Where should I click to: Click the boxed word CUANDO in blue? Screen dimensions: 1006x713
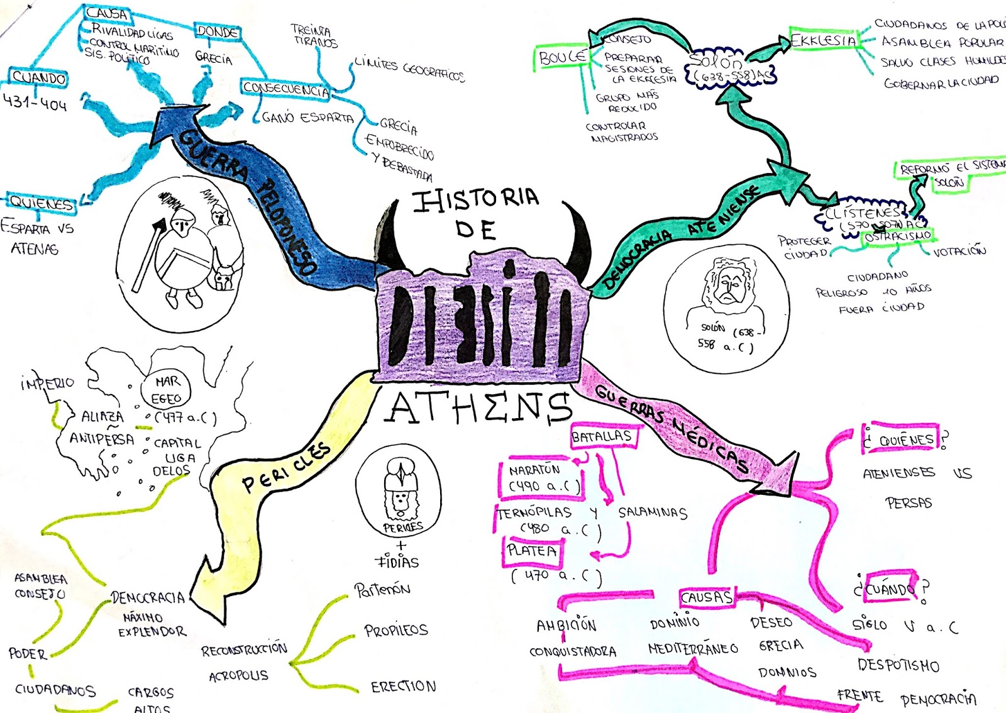coord(39,78)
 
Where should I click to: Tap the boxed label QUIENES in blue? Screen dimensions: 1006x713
coord(41,203)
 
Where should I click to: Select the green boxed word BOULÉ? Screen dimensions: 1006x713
coord(562,57)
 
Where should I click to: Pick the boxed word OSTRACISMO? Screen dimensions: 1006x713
coord(897,236)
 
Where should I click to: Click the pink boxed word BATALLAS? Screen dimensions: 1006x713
coord(601,436)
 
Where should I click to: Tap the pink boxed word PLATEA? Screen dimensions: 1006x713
coord(532,551)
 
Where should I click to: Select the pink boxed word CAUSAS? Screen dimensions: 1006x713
coord(707,597)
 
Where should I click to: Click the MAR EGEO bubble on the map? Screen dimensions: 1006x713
coord(167,390)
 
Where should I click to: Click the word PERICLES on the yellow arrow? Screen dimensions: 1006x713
coord(286,468)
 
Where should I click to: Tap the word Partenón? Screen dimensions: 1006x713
coord(382,590)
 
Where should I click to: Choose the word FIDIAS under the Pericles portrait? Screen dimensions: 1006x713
coord(397,561)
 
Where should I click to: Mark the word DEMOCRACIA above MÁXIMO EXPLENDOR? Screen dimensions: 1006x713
coord(148,597)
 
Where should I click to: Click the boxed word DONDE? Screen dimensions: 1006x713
coord(217,31)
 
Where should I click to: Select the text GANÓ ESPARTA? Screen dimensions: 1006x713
coord(307,118)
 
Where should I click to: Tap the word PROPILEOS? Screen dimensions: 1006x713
coord(396,630)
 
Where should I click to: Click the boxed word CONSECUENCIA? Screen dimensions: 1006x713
coord(286,89)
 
